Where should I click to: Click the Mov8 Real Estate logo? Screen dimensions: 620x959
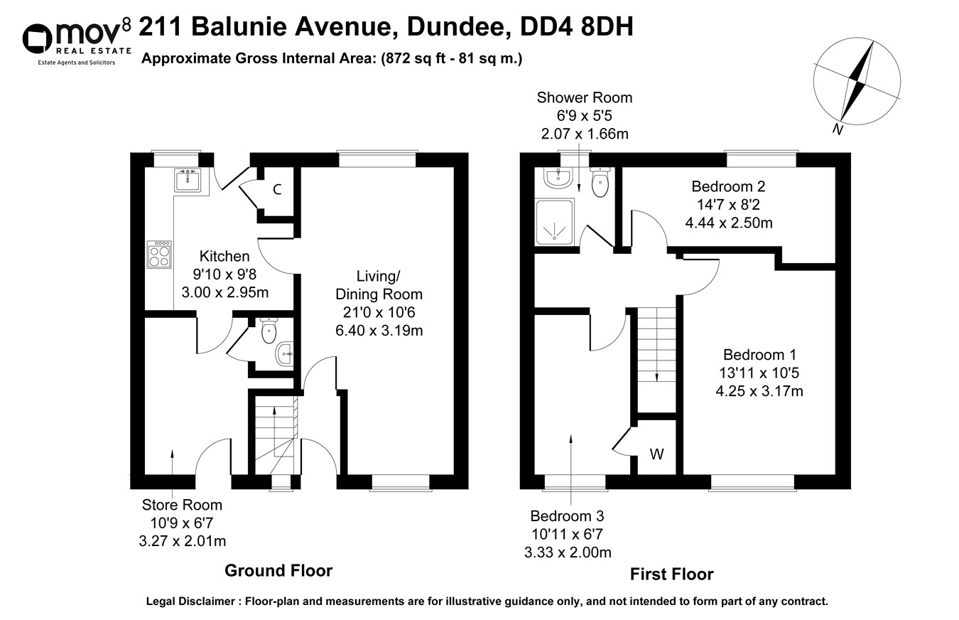point(77,41)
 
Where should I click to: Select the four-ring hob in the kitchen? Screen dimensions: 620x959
point(159,254)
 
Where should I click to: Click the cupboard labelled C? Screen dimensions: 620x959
point(277,190)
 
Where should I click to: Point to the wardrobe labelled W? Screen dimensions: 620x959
point(656,454)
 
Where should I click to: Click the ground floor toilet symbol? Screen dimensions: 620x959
point(269,330)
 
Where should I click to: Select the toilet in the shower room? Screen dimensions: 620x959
point(600,183)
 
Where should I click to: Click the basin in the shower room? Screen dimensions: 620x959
point(557,178)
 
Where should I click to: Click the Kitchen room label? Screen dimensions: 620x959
point(224,257)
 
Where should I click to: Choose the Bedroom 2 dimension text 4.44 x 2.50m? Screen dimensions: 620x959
point(728,223)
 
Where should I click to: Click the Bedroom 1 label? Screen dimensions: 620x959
point(759,355)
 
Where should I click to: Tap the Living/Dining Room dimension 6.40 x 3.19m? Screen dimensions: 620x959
point(379,330)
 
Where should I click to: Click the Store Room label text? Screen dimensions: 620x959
point(182,505)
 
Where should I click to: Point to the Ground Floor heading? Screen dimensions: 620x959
point(278,570)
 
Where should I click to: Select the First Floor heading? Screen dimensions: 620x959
point(671,574)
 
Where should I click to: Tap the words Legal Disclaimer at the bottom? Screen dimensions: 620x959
point(191,602)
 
